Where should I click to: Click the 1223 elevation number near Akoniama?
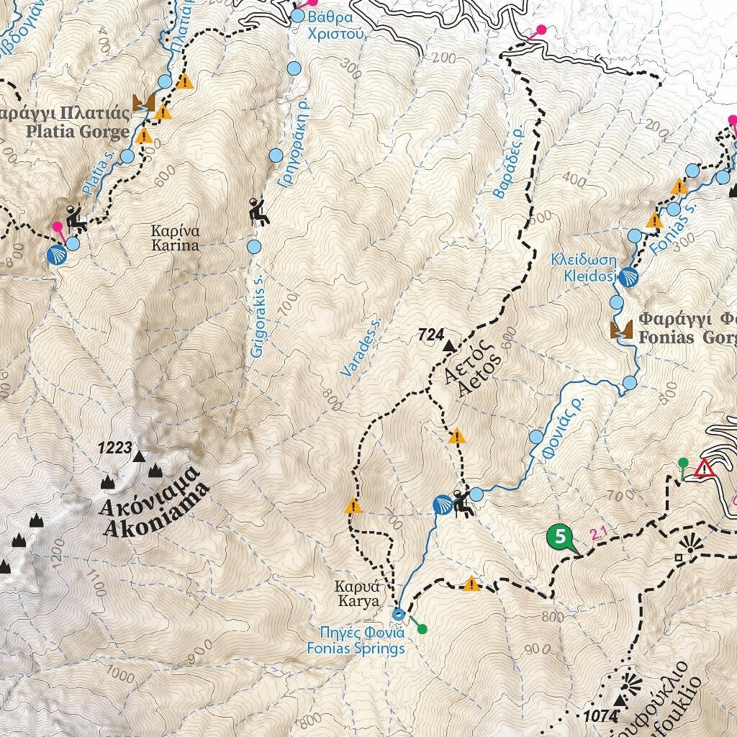tap(114, 449)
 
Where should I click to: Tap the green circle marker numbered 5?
tap(560, 536)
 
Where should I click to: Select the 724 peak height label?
tap(431, 335)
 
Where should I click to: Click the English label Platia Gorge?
tap(78, 131)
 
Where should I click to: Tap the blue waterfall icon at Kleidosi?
tap(628, 278)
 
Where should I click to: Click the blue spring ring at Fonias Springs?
tap(399, 614)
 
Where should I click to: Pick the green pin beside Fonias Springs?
tap(422, 629)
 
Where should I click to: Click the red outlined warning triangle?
tap(704, 469)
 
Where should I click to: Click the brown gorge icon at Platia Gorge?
tap(143, 103)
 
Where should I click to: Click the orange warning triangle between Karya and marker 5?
tap(471, 584)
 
